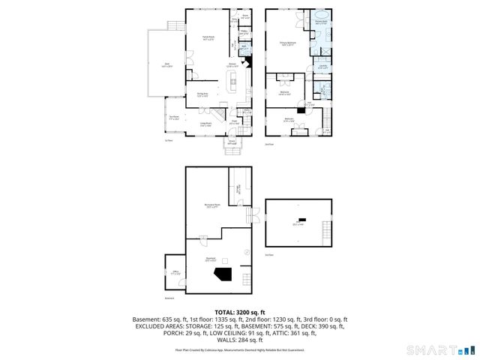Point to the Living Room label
coord(204,125)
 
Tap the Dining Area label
coord(201,94)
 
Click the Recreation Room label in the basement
coord(211,205)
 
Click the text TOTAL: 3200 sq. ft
coord(239,311)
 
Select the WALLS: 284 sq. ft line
coord(240,340)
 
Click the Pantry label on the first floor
coord(243,32)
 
